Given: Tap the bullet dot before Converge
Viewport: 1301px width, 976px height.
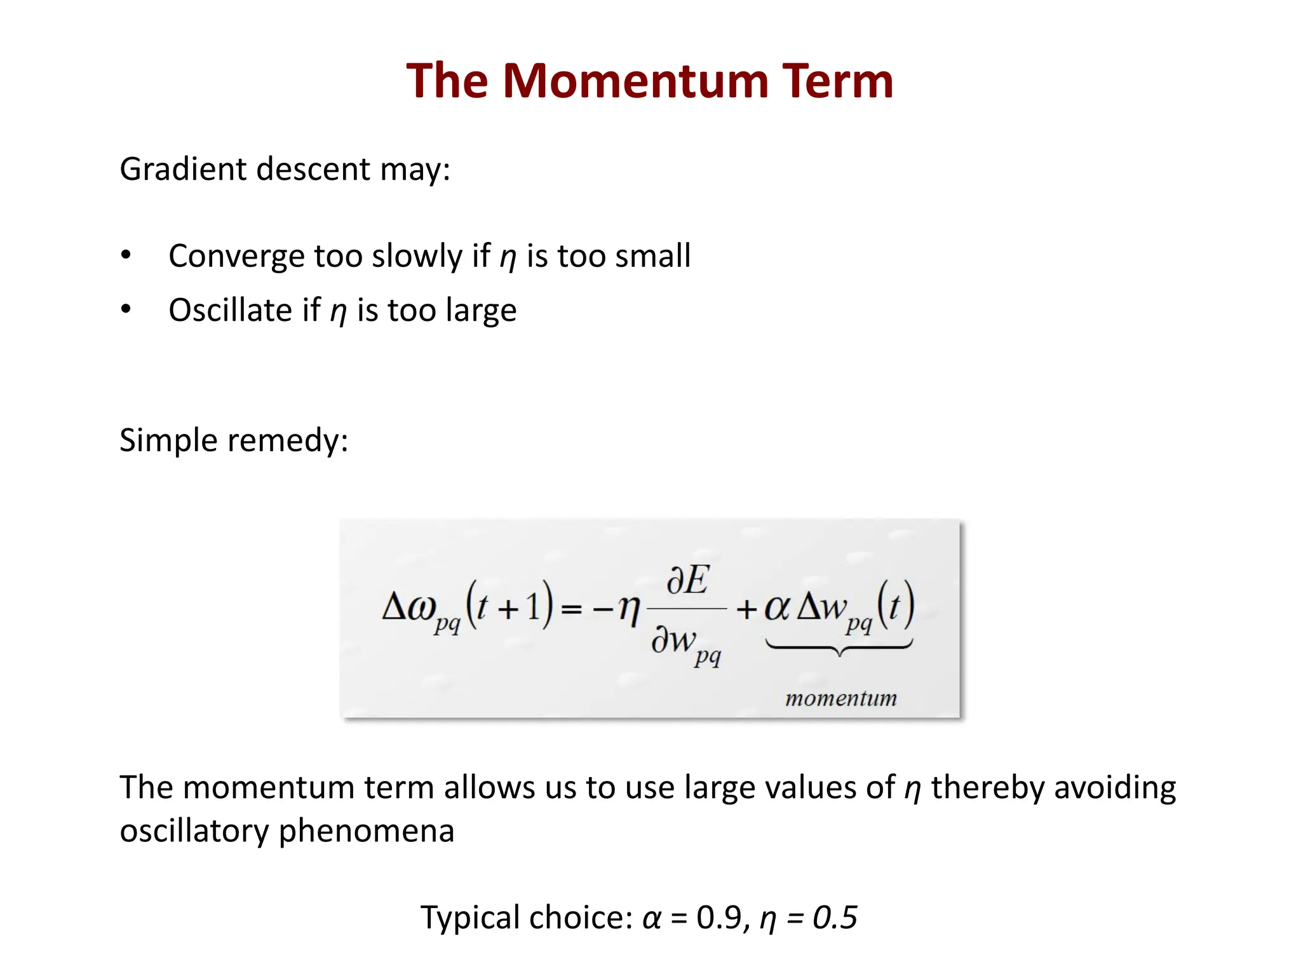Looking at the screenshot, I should [126, 255].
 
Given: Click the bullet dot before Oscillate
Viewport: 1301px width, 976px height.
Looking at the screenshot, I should [126, 309].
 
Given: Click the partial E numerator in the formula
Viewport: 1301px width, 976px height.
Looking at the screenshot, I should [687, 581].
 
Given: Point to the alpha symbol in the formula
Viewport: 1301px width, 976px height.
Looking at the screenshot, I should [776, 607].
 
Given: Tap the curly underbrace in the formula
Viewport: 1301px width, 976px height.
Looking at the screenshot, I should [839, 648].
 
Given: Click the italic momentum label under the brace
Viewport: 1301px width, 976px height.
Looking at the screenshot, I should [840, 699].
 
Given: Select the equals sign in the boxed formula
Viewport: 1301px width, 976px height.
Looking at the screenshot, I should [571, 609].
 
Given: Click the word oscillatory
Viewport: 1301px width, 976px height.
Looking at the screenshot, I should [194, 832].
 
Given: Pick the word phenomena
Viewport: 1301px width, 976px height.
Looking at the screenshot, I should [367, 832].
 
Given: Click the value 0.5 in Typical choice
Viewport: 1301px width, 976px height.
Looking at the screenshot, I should [835, 918].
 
